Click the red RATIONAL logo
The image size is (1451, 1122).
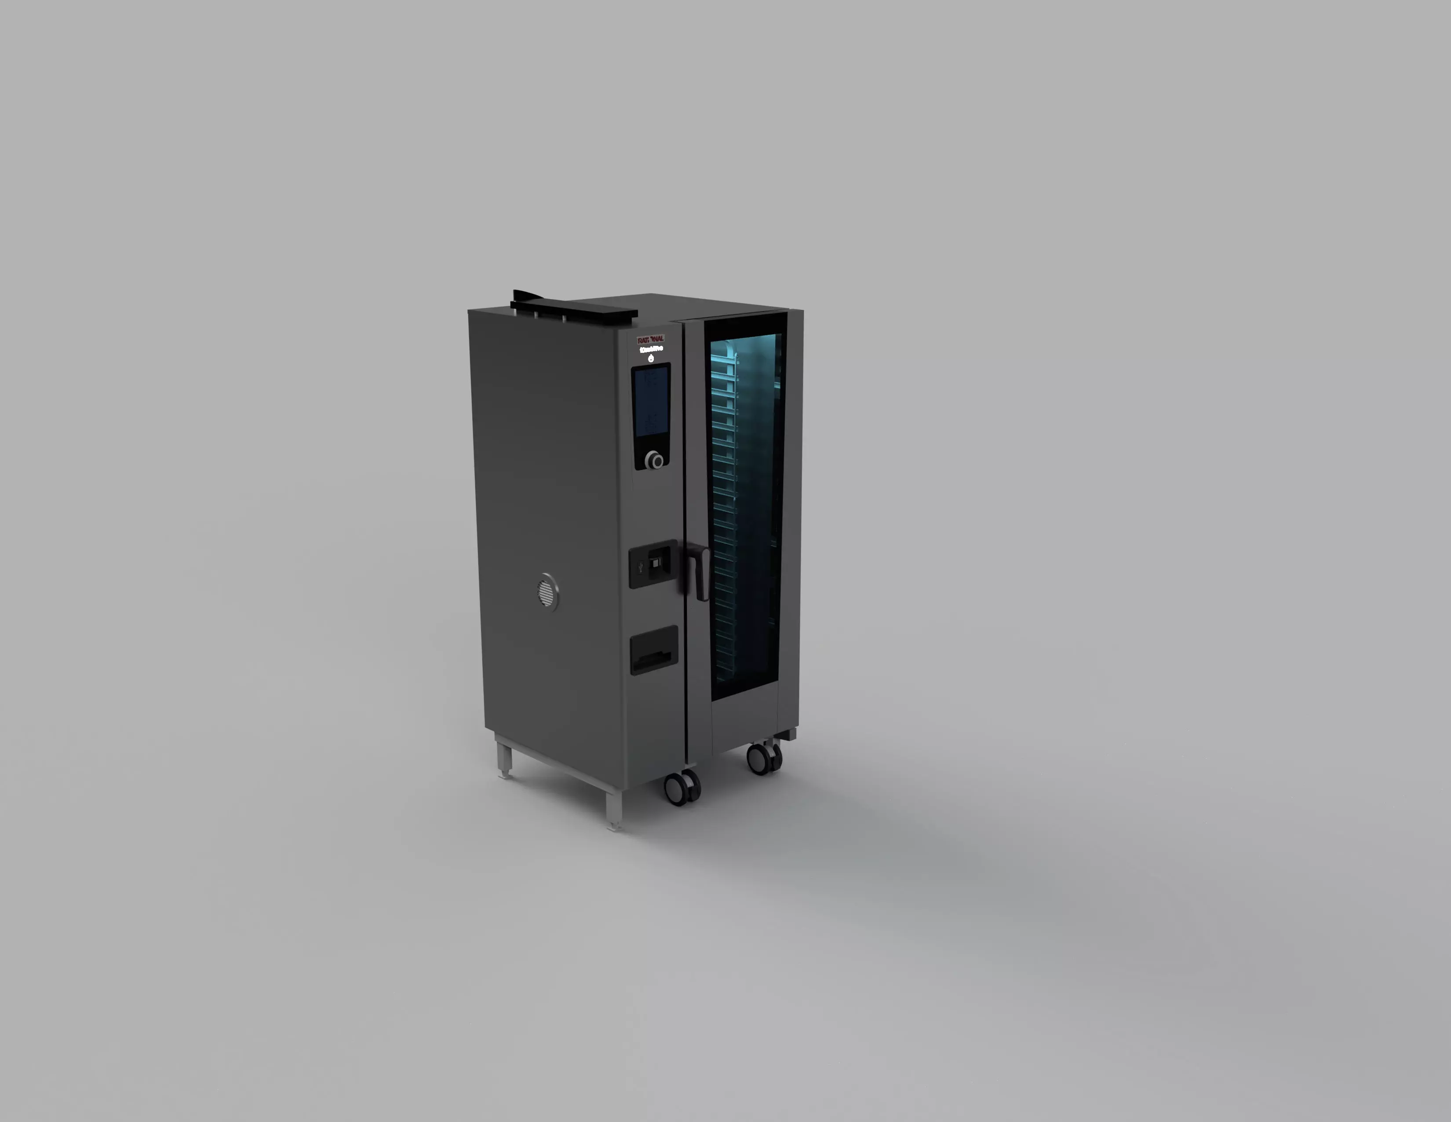(x=650, y=339)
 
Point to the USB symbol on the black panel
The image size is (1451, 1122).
(x=640, y=567)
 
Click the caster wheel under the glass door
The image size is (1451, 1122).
(x=763, y=758)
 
